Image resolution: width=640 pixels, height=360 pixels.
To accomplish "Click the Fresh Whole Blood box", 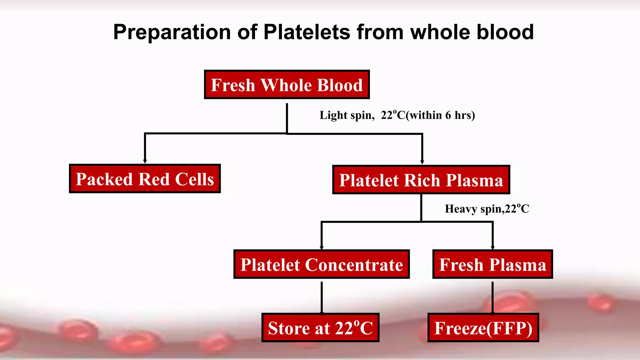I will pyautogui.click(x=287, y=85).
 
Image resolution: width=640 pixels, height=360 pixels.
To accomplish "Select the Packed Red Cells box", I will pyautogui.click(x=145, y=179).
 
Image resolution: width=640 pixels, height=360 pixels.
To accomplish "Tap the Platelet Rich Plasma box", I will pyautogui.click(x=421, y=180).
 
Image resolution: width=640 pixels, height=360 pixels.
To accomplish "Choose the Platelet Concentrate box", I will pyautogui.click(x=321, y=264).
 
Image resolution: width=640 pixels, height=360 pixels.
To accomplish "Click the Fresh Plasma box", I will pyautogui.click(x=492, y=264).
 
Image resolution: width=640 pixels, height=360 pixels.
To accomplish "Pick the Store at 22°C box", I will pyautogui.click(x=320, y=328).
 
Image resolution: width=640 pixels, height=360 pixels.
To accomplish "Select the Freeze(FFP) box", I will pyautogui.click(x=483, y=328).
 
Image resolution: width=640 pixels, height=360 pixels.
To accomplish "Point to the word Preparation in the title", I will pyautogui.click(x=172, y=32).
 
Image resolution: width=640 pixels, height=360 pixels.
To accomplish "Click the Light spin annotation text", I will pyautogui.click(x=347, y=115).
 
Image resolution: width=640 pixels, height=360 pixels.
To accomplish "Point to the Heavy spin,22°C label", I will pyautogui.click(x=487, y=209).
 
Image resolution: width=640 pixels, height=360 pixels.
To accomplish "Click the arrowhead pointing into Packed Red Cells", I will pyautogui.click(x=145, y=161).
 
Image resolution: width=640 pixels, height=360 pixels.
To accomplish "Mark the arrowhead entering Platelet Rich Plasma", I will pyautogui.click(x=422, y=162).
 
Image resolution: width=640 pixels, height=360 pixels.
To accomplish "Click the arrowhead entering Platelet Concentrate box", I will pyautogui.click(x=322, y=247).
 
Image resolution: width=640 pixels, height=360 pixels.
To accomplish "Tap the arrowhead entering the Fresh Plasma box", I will pyautogui.click(x=492, y=247).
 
